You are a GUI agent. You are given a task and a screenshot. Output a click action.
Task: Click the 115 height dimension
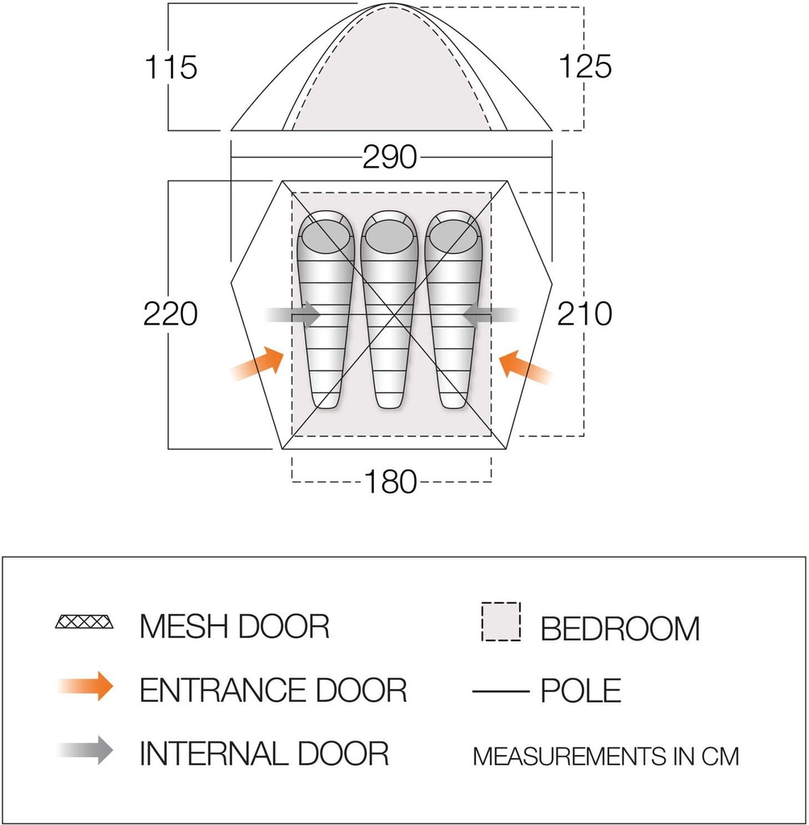(x=172, y=67)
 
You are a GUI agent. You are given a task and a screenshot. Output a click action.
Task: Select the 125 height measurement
(x=585, y=67)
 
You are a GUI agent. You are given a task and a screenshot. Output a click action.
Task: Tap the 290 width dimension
(x=389, y=157)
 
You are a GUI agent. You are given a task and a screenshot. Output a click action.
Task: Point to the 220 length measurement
(x=171, y=313)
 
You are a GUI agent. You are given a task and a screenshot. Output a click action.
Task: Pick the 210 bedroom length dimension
(x=585, y=313)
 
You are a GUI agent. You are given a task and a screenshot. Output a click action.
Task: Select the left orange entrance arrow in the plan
(x=258, y=364)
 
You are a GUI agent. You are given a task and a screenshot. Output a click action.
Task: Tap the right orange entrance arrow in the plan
(x=525, y=367)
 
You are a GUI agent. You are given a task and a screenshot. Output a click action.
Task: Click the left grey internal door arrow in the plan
(x=294, y=315)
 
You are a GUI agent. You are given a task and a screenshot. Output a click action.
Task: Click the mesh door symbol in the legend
(x=85, y=623)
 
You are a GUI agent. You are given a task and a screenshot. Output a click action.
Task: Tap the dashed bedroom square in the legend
(x=501, y=621)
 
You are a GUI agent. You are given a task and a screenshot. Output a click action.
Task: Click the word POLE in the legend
(x=581, y=690)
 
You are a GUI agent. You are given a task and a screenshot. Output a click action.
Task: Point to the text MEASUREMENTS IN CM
(x=605, y=757)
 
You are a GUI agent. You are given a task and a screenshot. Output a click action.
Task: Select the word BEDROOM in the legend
(x=620, y=628)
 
